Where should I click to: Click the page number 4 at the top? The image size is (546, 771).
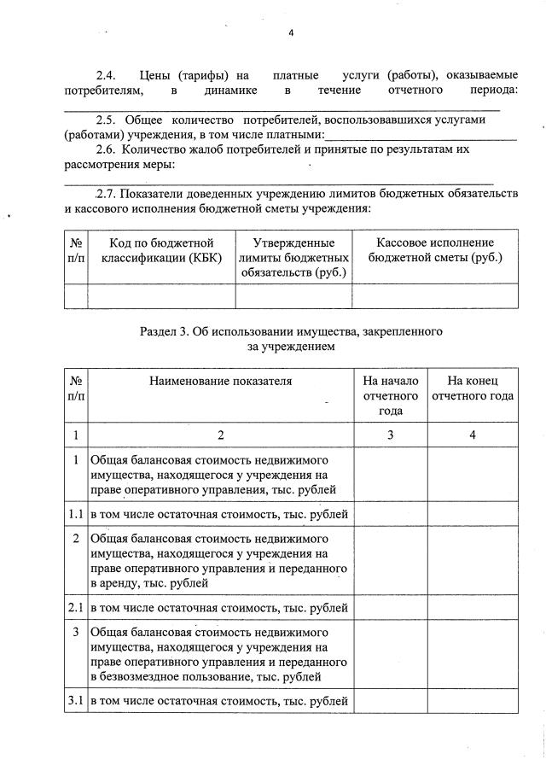click(x=291, y=33)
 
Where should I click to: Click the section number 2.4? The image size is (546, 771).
click(x=107, y=75)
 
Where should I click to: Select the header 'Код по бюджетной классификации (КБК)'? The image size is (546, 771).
click(x=160, y=250)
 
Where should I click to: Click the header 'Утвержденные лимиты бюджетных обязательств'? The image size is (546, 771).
click(x=293, y=258)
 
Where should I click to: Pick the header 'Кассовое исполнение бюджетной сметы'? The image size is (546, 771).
click(x=434, y=250)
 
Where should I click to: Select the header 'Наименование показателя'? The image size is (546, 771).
click(x=220, y=381)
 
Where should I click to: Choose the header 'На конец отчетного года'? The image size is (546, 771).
click(x=473, y=388)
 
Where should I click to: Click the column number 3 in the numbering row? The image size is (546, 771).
click(x=390, y=435)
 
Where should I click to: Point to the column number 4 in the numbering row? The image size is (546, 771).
click(x=473, y=435)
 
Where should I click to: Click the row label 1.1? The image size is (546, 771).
click(x=75, y=513)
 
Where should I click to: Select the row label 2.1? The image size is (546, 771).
click(x=75, y=608)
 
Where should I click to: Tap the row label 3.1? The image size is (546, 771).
click(x=75, y=702)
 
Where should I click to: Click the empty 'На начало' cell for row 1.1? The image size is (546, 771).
click(x=390, y=513)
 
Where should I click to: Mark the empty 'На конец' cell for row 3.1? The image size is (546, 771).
click(x=473, y=702)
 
